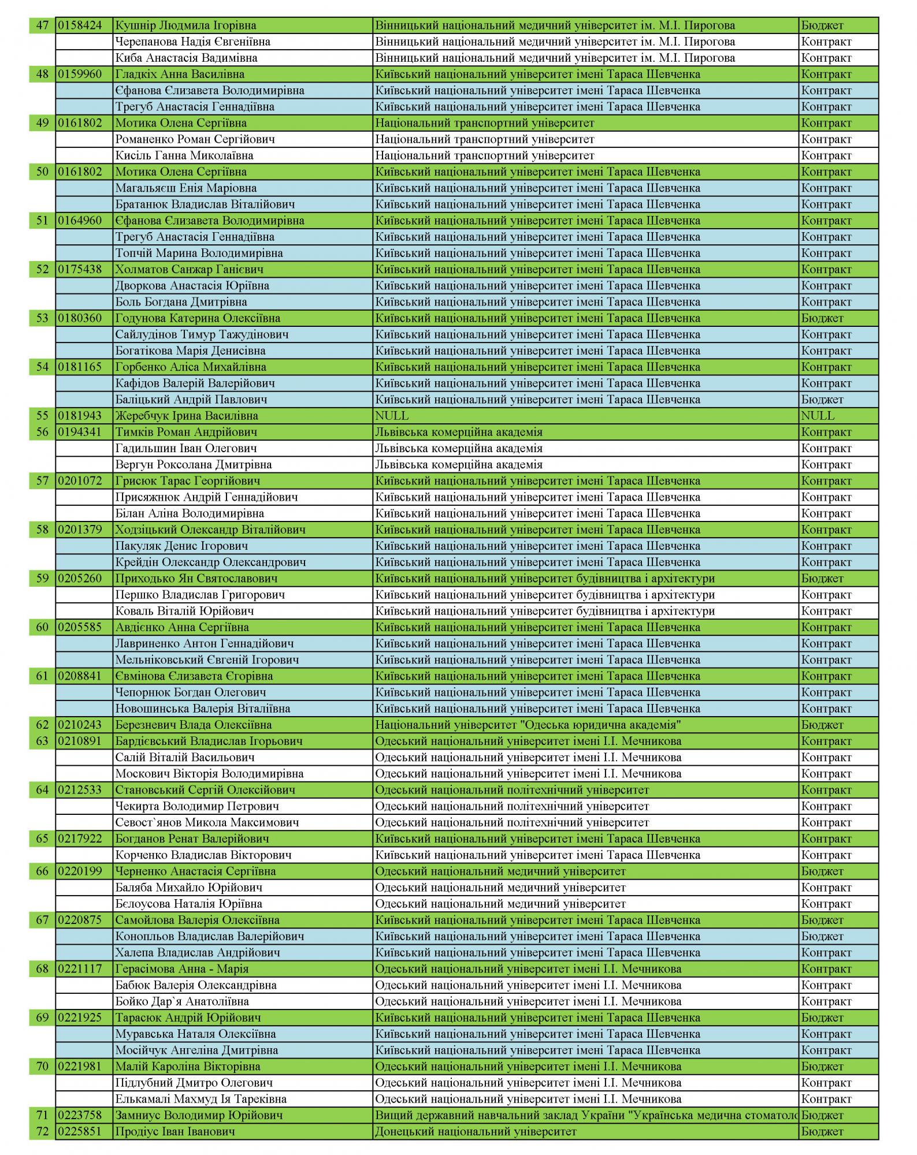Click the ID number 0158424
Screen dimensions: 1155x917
(80, 25)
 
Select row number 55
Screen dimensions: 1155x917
(42, 416)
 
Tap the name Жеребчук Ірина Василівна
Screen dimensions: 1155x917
(186, 416)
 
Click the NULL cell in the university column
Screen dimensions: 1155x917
(392, 416)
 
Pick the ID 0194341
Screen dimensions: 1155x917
(80, 432)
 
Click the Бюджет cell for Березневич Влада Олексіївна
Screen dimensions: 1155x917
(822, 725)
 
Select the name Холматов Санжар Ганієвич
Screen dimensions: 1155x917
(189, 269)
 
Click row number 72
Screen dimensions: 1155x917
(42, 1131)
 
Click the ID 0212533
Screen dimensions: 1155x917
(80, 790)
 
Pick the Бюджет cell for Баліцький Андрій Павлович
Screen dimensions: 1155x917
(822, 400)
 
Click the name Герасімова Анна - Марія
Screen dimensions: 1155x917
(181, 969)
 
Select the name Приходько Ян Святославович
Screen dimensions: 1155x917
(196, 579)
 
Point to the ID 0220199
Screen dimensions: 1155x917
(80, 871)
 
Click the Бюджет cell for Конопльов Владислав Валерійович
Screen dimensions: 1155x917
(822, 936)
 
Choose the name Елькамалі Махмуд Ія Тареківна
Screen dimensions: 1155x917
(201, 1099)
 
